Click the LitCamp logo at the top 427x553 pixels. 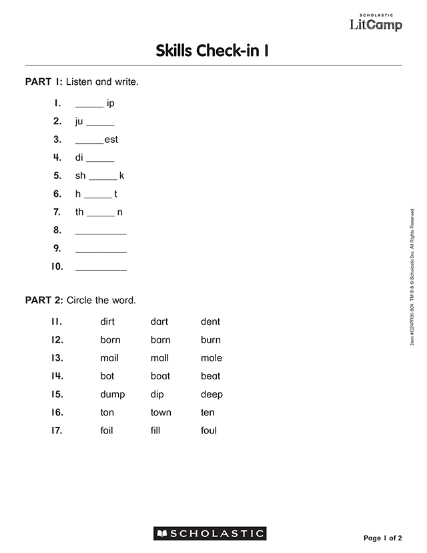coord(376,23)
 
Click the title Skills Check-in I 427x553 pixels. coord(212,51)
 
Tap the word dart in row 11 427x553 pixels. coord(159,322)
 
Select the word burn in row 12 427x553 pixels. coord(211,340)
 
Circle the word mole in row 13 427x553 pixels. coord(211,358)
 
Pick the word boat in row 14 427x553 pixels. coord(160,376)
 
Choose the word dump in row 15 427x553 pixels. coord(113,394)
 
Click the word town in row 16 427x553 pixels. coord(161,412)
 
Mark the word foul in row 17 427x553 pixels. coord(209,430)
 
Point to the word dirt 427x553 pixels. coord(107,322)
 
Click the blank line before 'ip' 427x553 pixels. coord(89,106)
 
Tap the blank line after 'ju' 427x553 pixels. coord(100,124)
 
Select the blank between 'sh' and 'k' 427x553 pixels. coord(103,179)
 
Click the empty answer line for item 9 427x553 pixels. coord(101,252)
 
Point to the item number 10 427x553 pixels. coord(57,266)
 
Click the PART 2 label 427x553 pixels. coord(43,301)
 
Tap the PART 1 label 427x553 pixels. coord(43,82)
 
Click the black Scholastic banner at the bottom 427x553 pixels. coord(210,533)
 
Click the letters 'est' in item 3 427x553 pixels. coord(111,140)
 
